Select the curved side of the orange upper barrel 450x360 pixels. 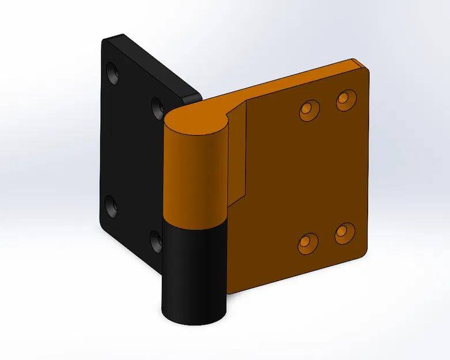193,179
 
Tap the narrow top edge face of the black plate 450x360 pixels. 156,63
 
